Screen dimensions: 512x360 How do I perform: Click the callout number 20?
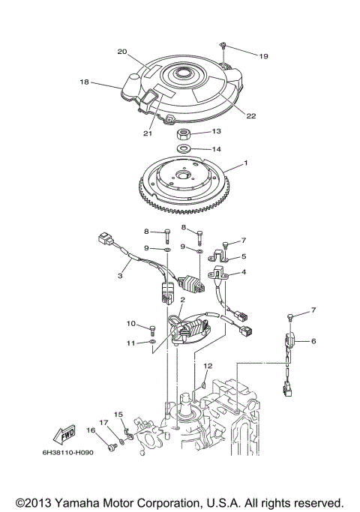121,52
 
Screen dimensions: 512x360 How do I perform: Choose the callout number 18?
84,82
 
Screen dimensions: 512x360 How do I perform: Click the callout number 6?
313,341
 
